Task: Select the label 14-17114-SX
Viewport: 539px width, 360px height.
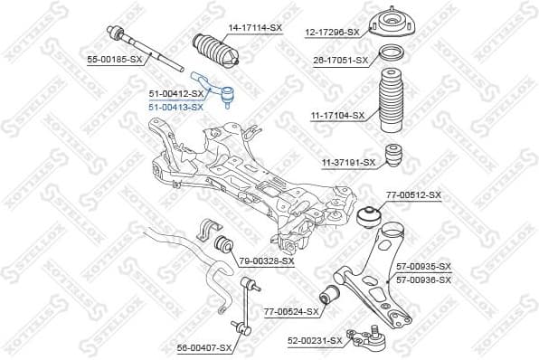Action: pyautogui.click(x=254, y=28)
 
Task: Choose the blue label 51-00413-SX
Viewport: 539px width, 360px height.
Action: pyautogui.click(x=175, y=107)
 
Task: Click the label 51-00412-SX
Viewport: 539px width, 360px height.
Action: pyautogui.click(x=175, y=93)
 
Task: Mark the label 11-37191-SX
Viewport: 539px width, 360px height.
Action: pyautogui.click(x=347, y=162)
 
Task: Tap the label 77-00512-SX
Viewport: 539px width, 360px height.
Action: pyautogui.click(x=413, y=194)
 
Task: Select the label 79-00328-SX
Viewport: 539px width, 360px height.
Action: pyautogui.click(x=267, y=261)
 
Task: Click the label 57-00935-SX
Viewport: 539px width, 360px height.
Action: pyautogui.click(x=423, y=267)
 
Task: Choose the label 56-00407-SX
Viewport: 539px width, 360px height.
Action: pyautogui.click(x=204, y=346)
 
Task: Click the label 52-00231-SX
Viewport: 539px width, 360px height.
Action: pyautogui.click(x=315, y=340)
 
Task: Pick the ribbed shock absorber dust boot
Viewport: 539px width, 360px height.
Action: pyautogui.click(x=392, y=106)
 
